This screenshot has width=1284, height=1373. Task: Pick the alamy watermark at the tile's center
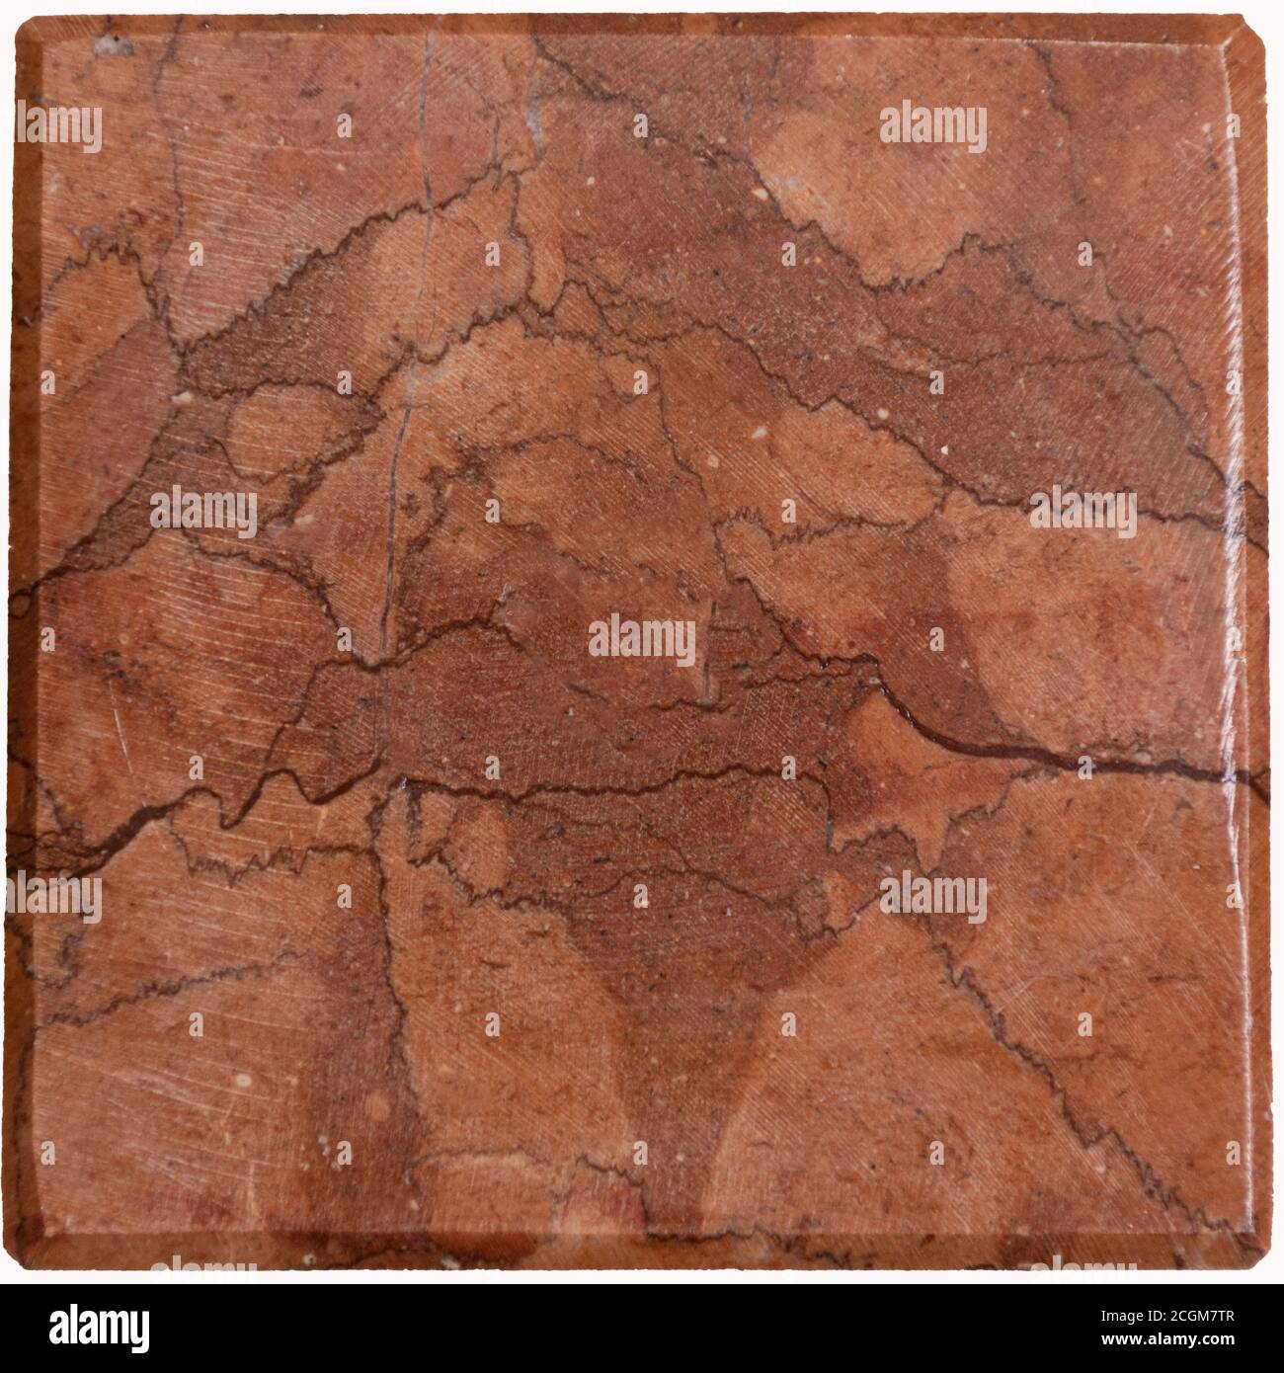click(642, 642)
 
